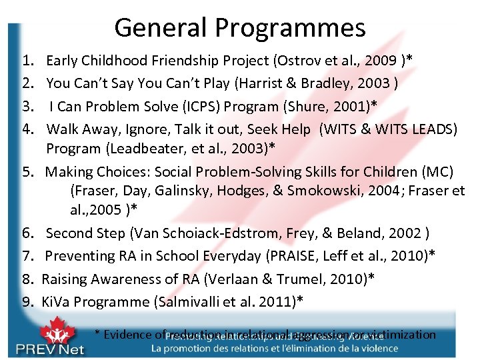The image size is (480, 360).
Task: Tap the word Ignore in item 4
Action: tap(149, 129)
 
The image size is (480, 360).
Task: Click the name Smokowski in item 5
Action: tap(320, 191)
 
